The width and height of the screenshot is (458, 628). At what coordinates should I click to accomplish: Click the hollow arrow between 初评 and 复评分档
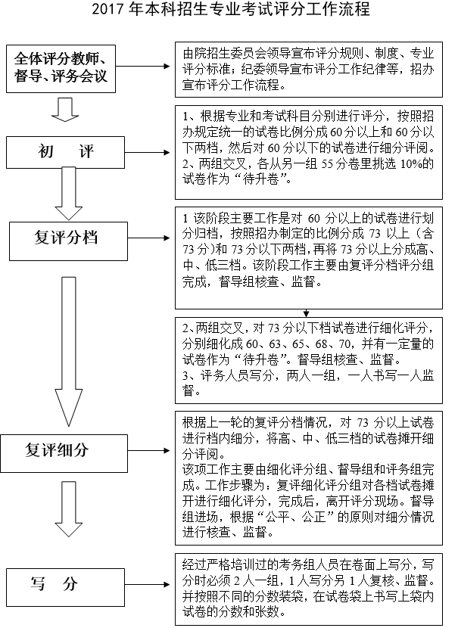(67, 194)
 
